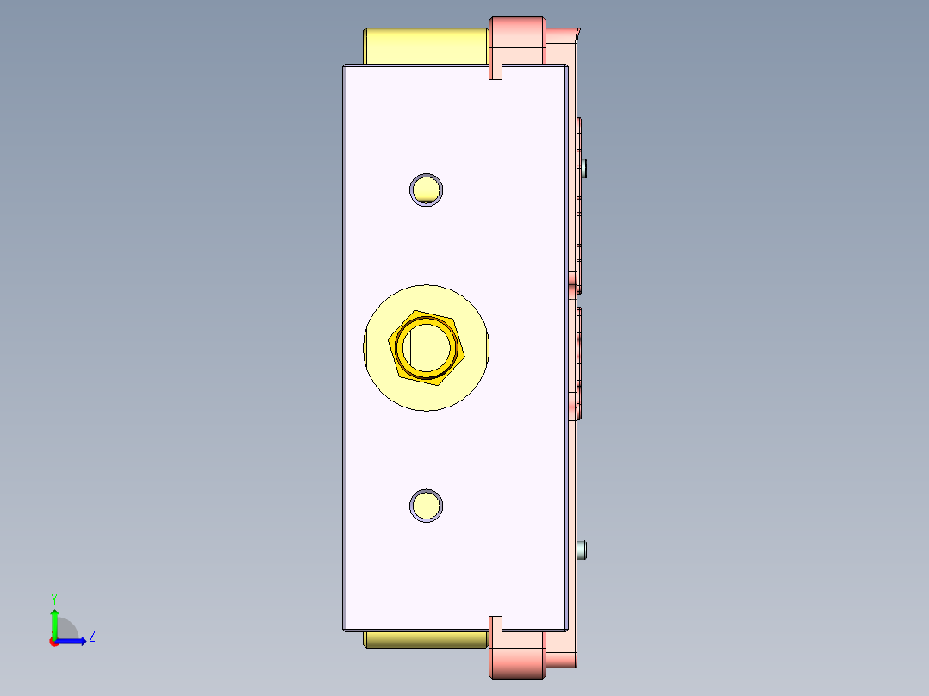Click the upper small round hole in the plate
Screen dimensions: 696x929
pos(426,190)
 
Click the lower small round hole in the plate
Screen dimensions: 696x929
pos(426,506)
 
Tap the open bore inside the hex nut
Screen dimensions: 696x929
pos(428,346)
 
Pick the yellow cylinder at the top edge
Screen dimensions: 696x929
pos(422,45)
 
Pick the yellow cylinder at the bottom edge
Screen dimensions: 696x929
pos(422,639)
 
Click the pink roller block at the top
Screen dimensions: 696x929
pos(517,40)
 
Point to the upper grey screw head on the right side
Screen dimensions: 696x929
pos(586,167)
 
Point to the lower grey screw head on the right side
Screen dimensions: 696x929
pos(586,549)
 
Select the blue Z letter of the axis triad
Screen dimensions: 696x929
pos(91,637)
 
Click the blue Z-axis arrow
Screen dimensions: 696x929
pos(74,641)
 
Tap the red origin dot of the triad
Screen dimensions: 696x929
pos(54,642)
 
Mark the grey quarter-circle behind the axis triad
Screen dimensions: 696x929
pos(67,630)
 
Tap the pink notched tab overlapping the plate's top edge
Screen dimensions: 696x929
pos(496,69)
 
